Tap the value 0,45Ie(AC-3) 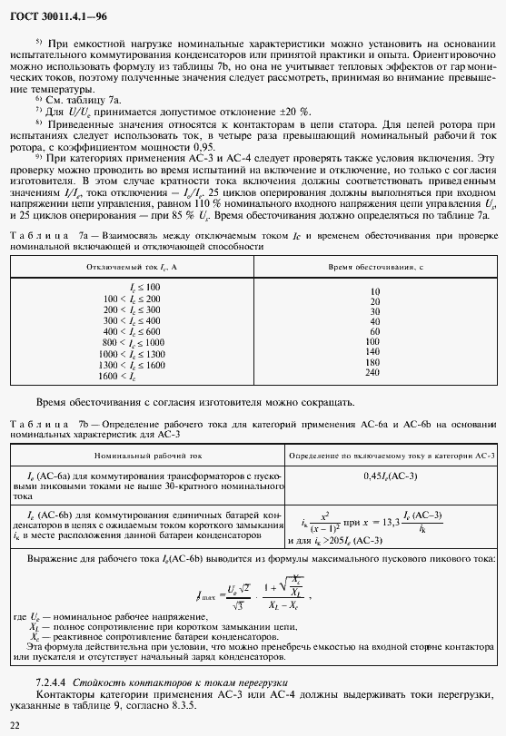tap(390, 475)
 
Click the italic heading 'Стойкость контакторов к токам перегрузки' tap(183, 681)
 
